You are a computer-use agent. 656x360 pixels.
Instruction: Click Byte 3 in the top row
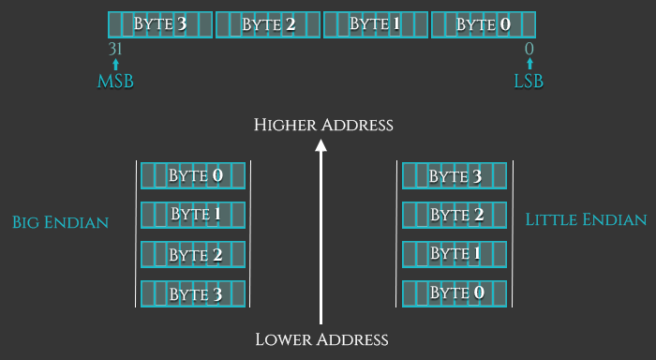tap(160, 24)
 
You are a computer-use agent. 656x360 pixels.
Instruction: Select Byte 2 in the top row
tap(268, 24)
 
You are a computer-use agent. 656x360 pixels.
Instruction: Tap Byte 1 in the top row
tap(376, 24)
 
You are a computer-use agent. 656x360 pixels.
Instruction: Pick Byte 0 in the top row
tap(484, 24)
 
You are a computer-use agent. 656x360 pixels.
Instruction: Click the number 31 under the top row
tap(116, 49)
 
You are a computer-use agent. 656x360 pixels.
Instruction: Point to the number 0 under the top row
tap(529, 49)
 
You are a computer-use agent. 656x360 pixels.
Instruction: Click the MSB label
tap(115, 82)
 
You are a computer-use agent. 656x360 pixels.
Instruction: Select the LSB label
tap(529, 82)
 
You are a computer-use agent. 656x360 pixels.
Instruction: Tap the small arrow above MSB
tap(115, 65)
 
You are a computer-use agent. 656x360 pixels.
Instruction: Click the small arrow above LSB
tap(529, 65)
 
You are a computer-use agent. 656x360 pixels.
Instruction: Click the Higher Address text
tap(323, 124)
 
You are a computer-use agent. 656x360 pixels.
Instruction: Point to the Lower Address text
tap(321, 338)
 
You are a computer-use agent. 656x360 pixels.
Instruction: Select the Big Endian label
tap(60, 222)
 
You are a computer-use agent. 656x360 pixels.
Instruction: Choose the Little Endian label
tap(586, 220)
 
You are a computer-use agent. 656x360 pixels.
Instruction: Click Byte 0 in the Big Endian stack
tap(194, 175)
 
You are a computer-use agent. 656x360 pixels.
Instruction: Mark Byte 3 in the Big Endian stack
tap(194, 294)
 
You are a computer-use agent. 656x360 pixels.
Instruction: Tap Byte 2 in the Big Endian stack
tap(194, 255)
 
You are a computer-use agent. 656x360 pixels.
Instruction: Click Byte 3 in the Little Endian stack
tap(455, 175)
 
